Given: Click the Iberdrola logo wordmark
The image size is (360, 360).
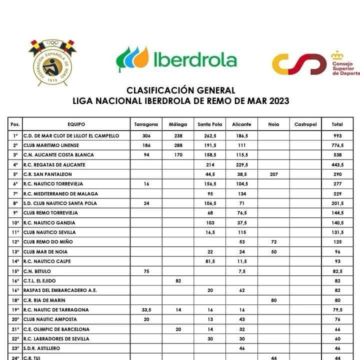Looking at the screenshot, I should (x=194, y=60).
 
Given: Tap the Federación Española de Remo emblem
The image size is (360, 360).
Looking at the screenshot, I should (x=52, y=61).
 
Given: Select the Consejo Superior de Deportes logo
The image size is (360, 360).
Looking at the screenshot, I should (x=315, y=64).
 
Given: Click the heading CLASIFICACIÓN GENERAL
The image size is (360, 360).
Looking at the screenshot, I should (x=180, y=90).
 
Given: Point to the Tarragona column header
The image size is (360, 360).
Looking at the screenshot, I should (x=146, y=124).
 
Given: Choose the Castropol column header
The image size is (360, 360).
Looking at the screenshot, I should (x=305, y=124).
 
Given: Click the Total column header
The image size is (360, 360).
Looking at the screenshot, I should (x=338, y=124).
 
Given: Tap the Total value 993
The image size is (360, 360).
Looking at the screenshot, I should (x=338, y=136).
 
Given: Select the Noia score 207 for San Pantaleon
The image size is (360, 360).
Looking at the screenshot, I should (x=273, y=174).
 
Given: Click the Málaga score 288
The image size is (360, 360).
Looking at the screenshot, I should (x=178, y=145).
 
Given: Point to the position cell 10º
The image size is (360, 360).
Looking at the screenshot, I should (x=15, y=223).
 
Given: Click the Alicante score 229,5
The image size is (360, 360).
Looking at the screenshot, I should (x=241, y=165).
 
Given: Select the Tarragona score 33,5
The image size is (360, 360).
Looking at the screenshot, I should (x=146, y=310).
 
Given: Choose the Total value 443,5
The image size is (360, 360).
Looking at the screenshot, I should (x=338, y=165).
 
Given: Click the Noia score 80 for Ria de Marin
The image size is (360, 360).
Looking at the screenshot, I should (x=273, y=300).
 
